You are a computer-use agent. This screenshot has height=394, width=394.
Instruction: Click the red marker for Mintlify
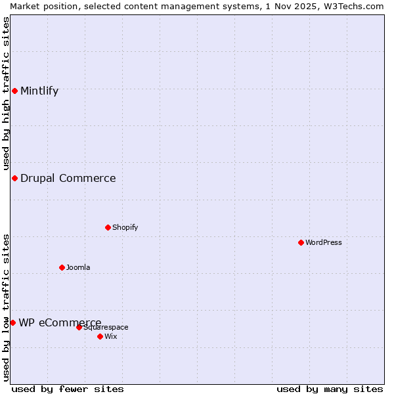[x=14, y=91]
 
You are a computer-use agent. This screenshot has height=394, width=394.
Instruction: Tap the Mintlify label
[x=39, y=91]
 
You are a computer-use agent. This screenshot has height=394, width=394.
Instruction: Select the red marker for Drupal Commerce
[x=14, y=178]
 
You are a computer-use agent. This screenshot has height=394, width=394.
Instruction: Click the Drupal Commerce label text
[x=68, y=178]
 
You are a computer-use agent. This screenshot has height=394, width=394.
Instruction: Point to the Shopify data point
[x=108, y=227]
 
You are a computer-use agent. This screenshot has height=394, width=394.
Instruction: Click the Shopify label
[x=125, y=227]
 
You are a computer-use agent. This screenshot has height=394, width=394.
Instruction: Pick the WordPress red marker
[x=301, y=242]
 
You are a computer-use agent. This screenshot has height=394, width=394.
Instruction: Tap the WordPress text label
[x=323, y=242]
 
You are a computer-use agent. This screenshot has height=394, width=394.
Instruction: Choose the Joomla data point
[x=62, y=267]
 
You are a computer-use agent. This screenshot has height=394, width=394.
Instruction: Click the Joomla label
[x=78, y=267]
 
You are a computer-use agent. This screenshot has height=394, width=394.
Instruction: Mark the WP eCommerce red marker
[x=12, y=322]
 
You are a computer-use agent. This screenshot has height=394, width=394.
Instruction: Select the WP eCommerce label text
[x=60, y=322]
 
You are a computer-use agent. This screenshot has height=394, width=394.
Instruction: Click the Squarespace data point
[x=79, y=327]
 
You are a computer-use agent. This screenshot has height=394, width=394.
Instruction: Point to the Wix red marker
[x=100, y=336]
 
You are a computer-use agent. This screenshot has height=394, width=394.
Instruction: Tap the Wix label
[x=110, y=336]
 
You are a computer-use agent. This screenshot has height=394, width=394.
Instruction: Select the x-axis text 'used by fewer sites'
[x=68, y=389]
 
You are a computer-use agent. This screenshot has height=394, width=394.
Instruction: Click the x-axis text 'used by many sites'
[x=330, y=389]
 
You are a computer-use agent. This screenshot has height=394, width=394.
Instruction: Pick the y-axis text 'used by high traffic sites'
[x=6, y=94]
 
